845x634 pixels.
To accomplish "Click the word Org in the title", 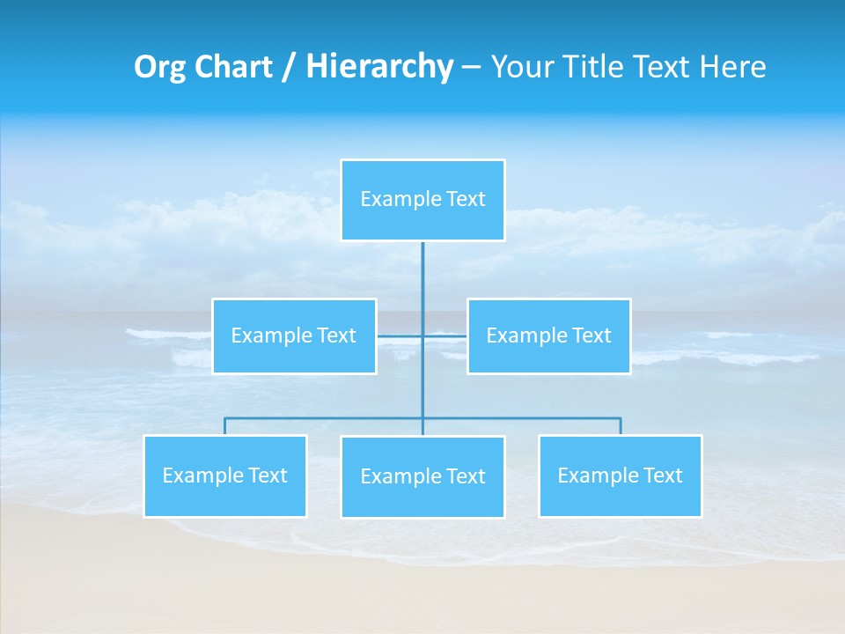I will [158, 67].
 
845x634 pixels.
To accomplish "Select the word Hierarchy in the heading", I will [379, 67].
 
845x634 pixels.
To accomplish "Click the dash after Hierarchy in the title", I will [471, 67].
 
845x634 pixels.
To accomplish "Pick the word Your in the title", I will [520, 67].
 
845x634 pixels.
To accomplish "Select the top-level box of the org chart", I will [422, 200].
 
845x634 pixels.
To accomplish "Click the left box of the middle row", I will [294, 336].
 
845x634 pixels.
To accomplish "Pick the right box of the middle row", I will [548, 336].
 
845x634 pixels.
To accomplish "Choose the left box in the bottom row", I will [224, 476].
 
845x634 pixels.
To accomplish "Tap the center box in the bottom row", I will [422, 477].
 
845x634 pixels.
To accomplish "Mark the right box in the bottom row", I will [620, 476].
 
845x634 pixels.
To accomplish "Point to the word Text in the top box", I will [466, 200].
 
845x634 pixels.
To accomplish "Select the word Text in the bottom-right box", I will [663, 476].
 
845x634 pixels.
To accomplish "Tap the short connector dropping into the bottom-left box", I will [224, 426].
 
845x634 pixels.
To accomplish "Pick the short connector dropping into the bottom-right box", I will [620, 426].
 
